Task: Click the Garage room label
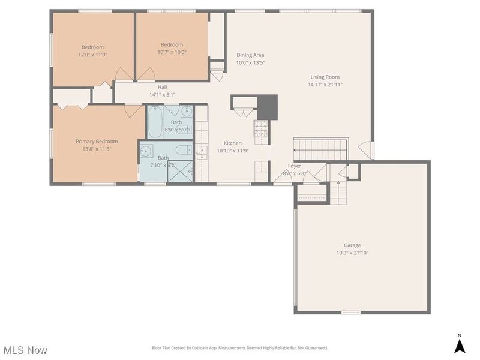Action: [x=352, y=245]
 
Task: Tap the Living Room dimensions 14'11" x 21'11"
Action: [x=325, y=85]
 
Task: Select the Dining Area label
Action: [x=250, y=55]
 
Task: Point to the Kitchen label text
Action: [x=233, y=143]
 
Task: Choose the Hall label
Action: [x=162, y=87]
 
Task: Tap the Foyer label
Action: [x=295, y=166]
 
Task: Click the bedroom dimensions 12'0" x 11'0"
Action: [x=93, y=55]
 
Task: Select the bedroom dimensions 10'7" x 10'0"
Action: [x=172, y=52]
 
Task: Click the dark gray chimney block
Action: [x=267, y=107]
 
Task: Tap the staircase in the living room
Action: [x=320, y=149]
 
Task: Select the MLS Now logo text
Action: [x=25, y=350]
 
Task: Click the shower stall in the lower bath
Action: [x=179, y=170]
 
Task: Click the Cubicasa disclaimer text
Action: [x=240, y=348]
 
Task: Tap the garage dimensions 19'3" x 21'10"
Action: [x=352, y=253]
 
